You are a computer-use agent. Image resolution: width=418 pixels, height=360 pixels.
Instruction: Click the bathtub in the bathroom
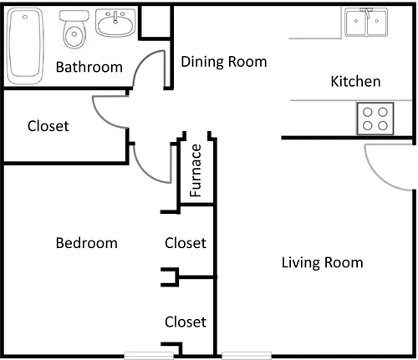coord(25,46)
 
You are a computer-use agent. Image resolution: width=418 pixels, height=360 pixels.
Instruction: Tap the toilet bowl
coord(74,34)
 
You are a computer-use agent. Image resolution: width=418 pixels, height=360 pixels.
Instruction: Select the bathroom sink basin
coord(115,23)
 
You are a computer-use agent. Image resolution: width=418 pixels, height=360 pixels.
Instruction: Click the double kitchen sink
coord(366,22)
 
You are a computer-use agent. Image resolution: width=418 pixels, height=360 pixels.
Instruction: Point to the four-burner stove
coord(375,119)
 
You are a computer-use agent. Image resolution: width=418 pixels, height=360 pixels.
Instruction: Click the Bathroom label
coord(89,67)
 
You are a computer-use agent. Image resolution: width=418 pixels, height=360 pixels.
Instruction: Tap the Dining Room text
coord(224,62)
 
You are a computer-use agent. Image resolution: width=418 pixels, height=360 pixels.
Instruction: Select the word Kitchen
coord(355,81)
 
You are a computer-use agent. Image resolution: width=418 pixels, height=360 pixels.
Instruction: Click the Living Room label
coord(323,262)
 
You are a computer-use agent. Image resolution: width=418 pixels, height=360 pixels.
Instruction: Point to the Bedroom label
coord(87,243)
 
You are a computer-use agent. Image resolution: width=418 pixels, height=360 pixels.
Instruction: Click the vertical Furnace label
coord(196,170)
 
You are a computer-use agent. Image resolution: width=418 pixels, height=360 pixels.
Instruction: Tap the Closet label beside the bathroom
coord(48,126)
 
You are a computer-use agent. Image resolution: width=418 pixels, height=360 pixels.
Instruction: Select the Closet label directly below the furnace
coord(186,243)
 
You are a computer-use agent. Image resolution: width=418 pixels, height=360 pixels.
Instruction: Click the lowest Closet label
coord(186,322)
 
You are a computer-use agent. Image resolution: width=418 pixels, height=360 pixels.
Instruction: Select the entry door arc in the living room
coord(375,176)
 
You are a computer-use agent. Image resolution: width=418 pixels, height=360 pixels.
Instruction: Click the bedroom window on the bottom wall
coord(149,356)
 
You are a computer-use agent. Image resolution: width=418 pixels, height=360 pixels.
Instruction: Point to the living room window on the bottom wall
coord(247,356)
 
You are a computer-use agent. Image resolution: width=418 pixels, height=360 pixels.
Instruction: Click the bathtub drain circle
coord(25,17)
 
